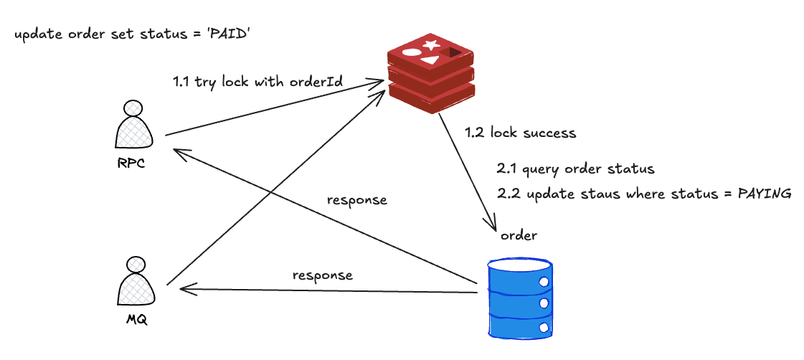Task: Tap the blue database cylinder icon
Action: (x=520, y=298)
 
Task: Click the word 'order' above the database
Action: (x=519, y=235)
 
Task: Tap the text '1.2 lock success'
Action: (x=520, y=133)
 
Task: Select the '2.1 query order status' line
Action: (x=575, y=170)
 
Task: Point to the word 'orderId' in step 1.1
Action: (x=316, y=82)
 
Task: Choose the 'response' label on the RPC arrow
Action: (x=356, y=199)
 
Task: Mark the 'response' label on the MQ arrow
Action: (x=322, y=275)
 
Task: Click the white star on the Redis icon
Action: (x=430, y=46)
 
